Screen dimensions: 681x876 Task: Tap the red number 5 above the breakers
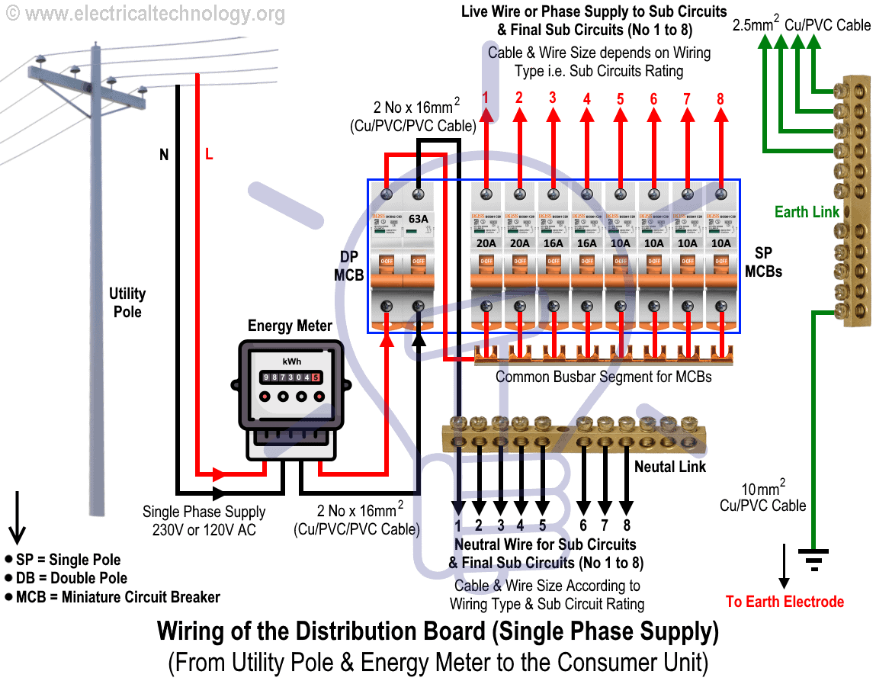(x=620, y=98)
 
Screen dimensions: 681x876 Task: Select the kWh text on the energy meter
(x=290, y=361)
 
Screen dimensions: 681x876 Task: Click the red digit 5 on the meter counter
(x=315, y=377)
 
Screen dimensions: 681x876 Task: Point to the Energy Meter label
(x=290, y=326)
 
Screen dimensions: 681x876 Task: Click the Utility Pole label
(x=127, y=303)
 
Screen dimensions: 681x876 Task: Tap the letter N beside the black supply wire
(x=163, y=156)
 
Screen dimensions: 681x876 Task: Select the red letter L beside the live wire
(x=209, y=156)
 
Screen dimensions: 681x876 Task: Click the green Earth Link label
(x=807, y=212)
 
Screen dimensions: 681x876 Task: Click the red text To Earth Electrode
(x=785, y=602)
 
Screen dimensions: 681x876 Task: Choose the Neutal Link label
(x=670, y=466)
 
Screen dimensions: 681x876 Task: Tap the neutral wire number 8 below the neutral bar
(x=626, y=525)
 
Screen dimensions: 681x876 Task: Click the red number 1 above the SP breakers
(x=486, y=98)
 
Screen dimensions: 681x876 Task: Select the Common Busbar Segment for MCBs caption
(x=603, y=377)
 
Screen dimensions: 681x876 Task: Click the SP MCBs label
(x=763, y=262)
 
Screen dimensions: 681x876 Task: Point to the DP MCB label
(x=348, y=266)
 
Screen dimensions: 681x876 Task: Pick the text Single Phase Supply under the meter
(x=204, y=512)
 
